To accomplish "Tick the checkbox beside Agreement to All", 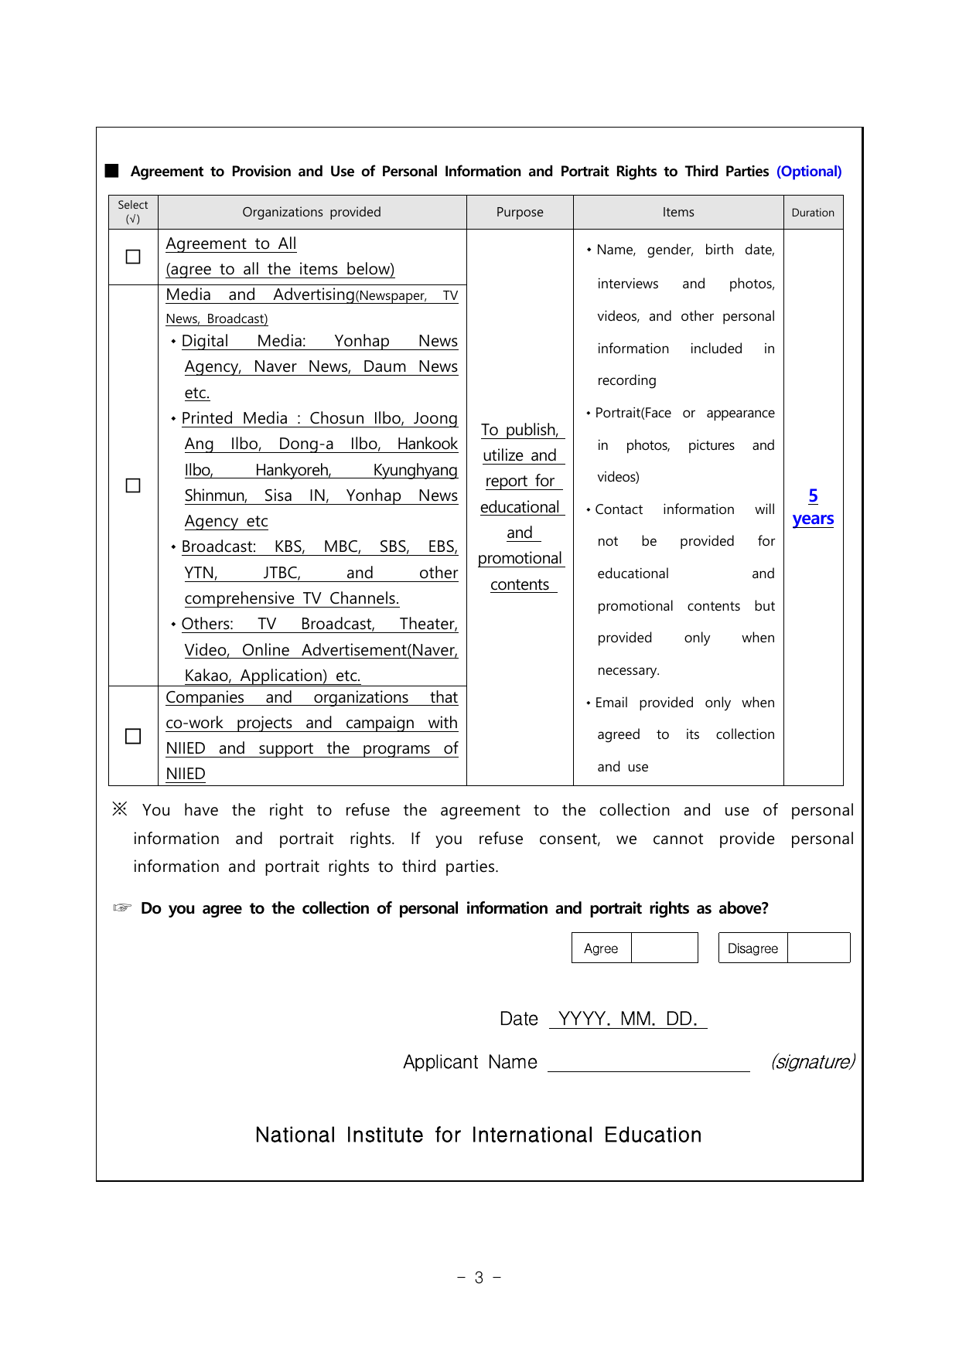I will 133,257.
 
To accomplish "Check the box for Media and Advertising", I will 133,485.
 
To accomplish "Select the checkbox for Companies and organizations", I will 133,736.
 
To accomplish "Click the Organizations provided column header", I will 312,212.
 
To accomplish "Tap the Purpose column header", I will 520,212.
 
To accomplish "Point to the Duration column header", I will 813,213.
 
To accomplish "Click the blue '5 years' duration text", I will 813,507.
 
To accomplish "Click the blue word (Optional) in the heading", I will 809,172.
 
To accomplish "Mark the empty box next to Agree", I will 664,948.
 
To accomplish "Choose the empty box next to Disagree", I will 818,948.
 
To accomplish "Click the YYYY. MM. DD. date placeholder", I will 628,1019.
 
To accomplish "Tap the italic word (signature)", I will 812,1062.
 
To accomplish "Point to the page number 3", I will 479,1278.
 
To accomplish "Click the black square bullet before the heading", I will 112,171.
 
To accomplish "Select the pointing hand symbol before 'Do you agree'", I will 122,907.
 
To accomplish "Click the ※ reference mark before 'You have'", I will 120,809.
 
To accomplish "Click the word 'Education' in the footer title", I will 653,1135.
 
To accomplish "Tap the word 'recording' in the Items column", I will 626,380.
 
